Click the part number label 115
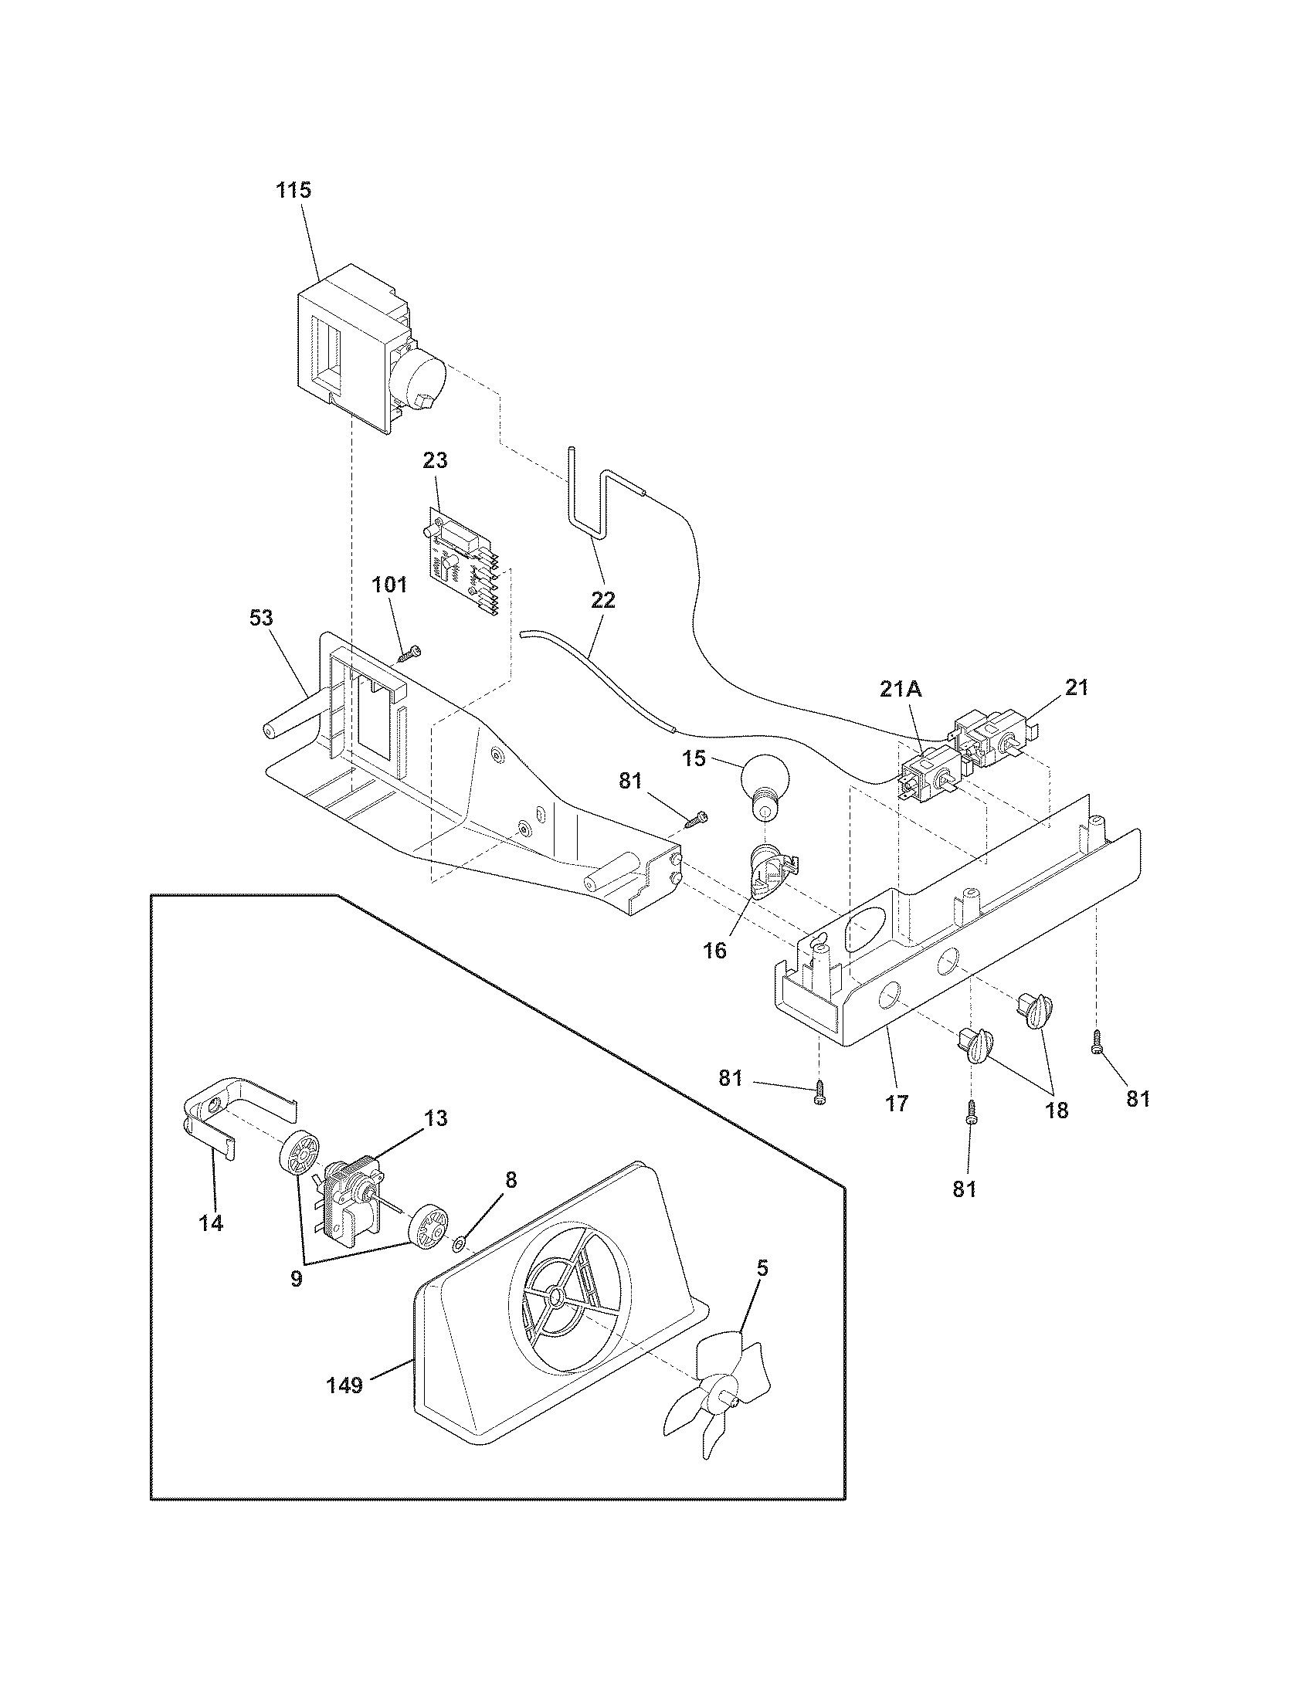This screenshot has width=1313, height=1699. pyautogui.click(x=294, y=190)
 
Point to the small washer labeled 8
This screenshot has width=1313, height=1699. pyautogui.click(x=459, y=1246)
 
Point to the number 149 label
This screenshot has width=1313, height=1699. pyautogui.click(x=344, y=1385)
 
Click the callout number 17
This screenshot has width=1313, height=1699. pyautogui.click(x=896, y=1103)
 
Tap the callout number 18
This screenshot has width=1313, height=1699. pyautogui.click(x=1056, y=1110)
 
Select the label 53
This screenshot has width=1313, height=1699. pyautogui.click(x=261, y=618)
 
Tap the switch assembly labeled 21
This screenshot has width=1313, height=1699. pyautogui.click(x=996, y=739)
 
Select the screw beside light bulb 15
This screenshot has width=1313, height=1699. pyautogui.click(x=696, y=819)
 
